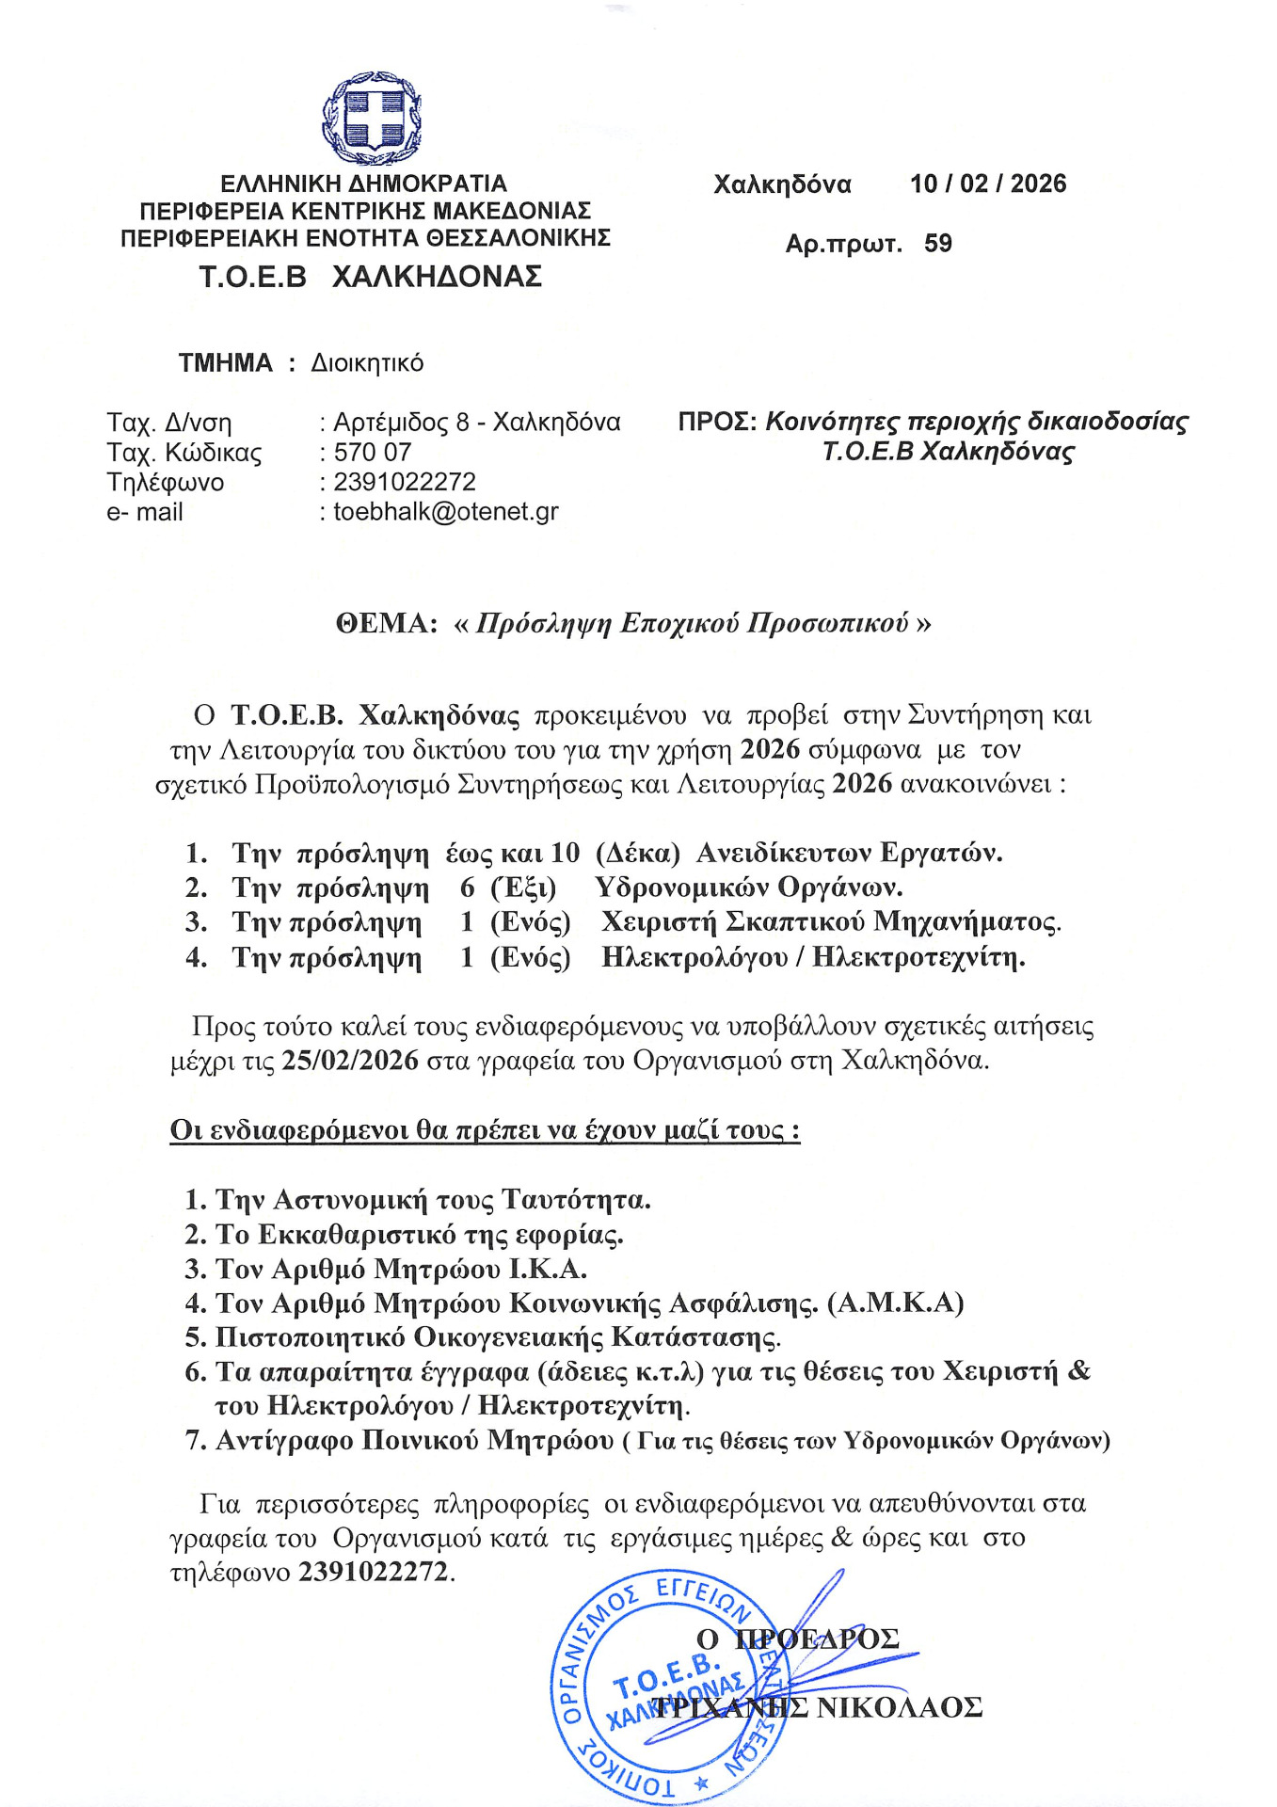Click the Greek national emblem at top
point(371,120)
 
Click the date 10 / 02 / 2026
point(987,184)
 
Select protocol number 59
point(938,244)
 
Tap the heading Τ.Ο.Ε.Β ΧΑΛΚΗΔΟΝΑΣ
point(370,277)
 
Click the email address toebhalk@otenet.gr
point(446,512)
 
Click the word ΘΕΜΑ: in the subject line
point(387,624)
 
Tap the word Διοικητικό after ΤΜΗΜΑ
point(367,363)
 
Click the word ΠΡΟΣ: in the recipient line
point(717,422)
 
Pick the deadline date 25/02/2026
point(350,1061)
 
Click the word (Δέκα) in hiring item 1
point(638,854)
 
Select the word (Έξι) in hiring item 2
point(523,888)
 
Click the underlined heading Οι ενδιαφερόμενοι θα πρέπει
point(485,1130)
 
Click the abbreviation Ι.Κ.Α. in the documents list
point(548,1270)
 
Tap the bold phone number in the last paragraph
point(374,1573)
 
